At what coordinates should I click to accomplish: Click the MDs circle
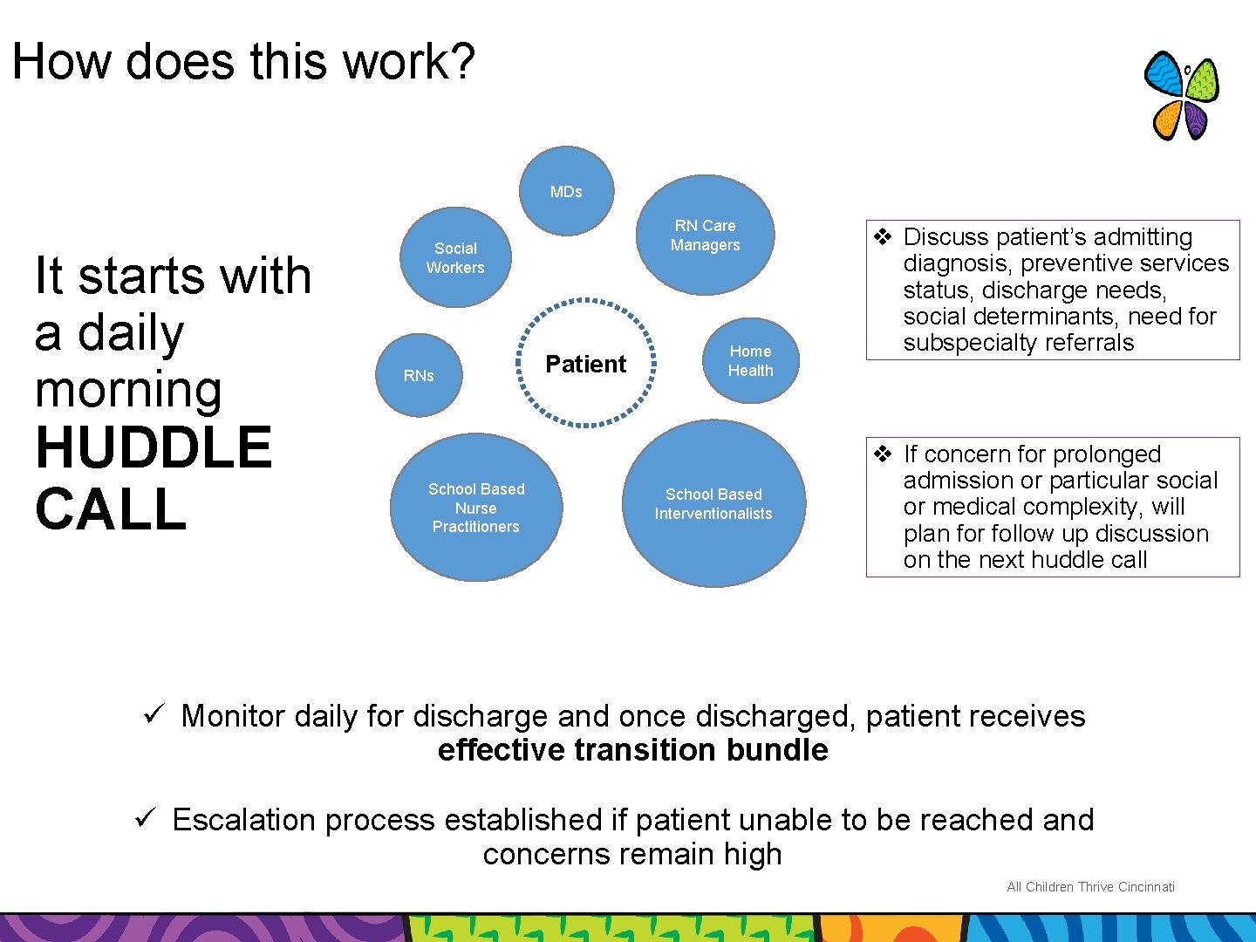click(567, 191)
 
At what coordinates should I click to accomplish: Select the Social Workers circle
click(455, 257)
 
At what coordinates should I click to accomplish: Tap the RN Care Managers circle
click(706, 235)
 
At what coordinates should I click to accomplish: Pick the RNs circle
click(419, 376)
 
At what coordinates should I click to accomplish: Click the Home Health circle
click(750, 360)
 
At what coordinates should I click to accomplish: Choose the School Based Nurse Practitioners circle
click(476, 508)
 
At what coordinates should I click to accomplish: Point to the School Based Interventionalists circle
click(713, 504)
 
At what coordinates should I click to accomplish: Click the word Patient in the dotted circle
click(585, 365)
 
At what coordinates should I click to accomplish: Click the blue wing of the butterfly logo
click(1164, 75)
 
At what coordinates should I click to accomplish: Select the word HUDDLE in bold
click(154, 447)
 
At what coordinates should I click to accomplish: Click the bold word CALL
click(111, 509)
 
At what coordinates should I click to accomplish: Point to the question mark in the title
click(463, 62)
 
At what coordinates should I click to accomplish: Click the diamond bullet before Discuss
click(883, 236)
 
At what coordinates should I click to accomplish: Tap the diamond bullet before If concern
click(883, 454)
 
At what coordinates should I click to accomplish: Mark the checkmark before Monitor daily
click(154, 715)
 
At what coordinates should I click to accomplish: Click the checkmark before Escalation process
click(146, 819)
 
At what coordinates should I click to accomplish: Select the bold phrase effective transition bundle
click(632, 750)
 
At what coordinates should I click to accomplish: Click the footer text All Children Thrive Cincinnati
click(1090, 887)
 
